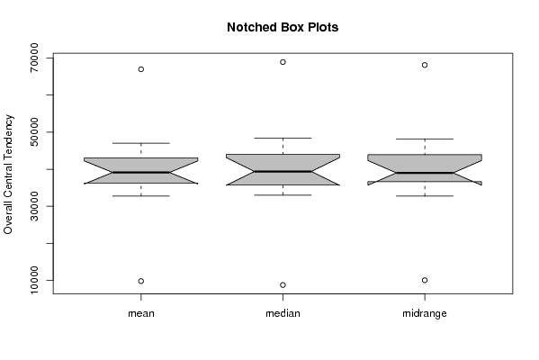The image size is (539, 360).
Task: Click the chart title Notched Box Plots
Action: (x=283, y=27)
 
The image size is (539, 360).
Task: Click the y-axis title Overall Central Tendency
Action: (x=8, y=175)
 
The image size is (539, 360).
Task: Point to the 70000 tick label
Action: (x=34, y=58)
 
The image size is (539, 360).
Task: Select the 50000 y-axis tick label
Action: (x=34, y=132)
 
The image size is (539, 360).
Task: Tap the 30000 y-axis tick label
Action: (x=34, y=206)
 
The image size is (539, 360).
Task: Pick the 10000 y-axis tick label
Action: (x=34, y=280)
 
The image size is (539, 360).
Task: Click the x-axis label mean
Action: (x=141, y=313)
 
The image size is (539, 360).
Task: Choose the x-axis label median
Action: (x=283, y=313)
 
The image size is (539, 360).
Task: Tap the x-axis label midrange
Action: (x=425, y=314)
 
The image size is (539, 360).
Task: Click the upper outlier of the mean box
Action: (x=141, y=69)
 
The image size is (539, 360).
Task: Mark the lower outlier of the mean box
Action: (x=141, y=282)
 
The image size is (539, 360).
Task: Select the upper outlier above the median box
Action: (x=283, y=62)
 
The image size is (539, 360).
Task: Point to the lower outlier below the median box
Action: (x=283, y=285)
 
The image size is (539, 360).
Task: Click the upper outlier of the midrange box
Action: (x=425, y=65)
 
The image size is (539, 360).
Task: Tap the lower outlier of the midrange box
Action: (x=425, y=280)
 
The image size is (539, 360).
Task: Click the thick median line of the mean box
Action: (x=141, y=172)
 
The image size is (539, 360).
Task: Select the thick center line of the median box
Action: (x=283, y=171)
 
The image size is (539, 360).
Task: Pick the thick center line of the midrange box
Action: (x=425, y=173)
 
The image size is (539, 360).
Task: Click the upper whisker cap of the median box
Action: (x=283, y=139)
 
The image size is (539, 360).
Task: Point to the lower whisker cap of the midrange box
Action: (x=425, y=196)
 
